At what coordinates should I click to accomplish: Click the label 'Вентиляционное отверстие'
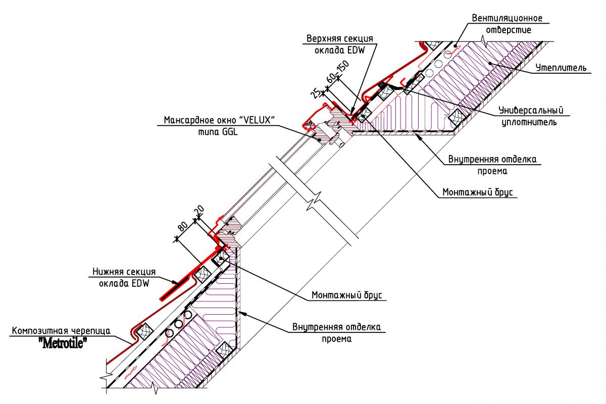pyautogui.click(x=507, y=24)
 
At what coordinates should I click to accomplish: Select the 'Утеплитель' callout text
pyautogui.click(x=561, y=67)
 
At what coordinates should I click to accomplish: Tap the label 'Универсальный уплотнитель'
pyautogui.click(x=530, y=116)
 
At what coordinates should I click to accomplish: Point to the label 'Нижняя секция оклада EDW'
pyautogui.click(x=121, y=277)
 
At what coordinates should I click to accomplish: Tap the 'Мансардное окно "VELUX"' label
pyautogui.click(x=219, y=121)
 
